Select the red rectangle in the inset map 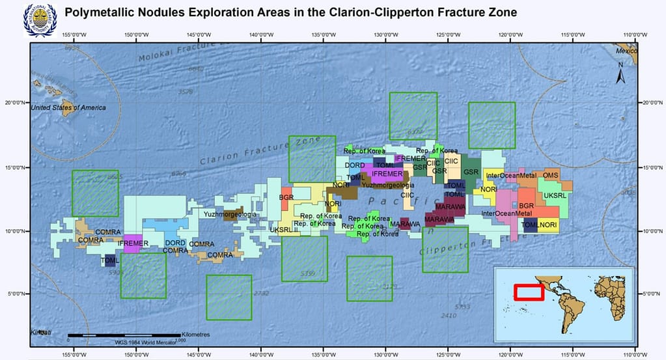(x=529, y=292)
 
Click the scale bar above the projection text (x=124, y=335)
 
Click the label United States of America (x=68, y=107)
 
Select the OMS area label (x=551, y=175)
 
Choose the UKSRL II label (x=284, y=229)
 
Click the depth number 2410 (x=449, y=316)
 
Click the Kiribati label (x=40, y=332)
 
